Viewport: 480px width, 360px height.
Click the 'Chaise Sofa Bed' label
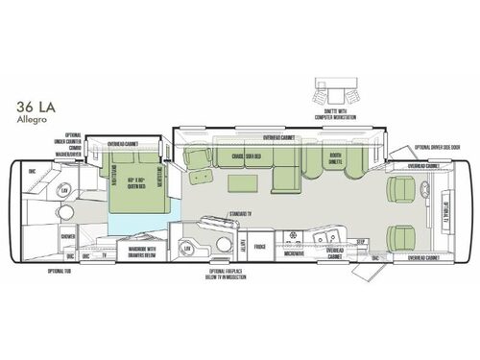click(252, 156)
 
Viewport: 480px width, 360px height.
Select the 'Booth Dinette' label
click(336, 158)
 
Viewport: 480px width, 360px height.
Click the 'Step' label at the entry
click(362, 242)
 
